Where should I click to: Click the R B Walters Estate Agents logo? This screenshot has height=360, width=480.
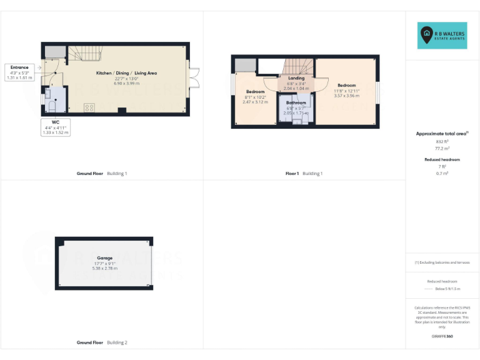442,36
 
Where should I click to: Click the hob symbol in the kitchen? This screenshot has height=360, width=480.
89,107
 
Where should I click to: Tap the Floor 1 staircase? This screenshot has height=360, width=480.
299,65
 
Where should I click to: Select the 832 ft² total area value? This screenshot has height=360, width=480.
442,142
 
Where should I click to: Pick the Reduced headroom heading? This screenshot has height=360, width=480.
442,159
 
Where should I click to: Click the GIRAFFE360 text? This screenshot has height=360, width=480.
442,336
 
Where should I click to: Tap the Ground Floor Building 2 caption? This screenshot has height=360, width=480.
102,342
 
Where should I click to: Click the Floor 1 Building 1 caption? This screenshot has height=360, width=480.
304,173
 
